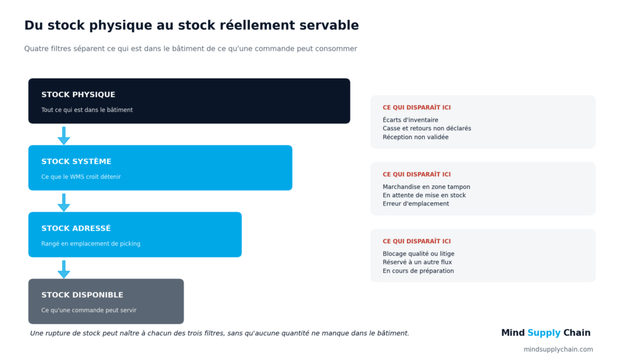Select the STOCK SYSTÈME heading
(76, 161)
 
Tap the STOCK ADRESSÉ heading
(76, 228)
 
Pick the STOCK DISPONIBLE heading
(82, 295)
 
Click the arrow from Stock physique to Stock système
(63, 136)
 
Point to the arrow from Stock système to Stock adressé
(63, 202)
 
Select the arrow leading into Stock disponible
(63, 269)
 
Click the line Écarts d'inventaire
(411, 120)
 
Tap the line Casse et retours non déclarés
(426, 128)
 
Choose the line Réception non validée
(416, 137)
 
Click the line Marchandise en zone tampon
(426, 187)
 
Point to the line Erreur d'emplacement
(416, 204)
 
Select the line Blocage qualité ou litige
(419, 254)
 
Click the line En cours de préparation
(418, 271)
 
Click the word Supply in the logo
(544, 333)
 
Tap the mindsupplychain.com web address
(559, 349)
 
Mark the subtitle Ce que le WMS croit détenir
(81, 177)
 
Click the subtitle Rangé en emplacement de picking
(91, 244)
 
